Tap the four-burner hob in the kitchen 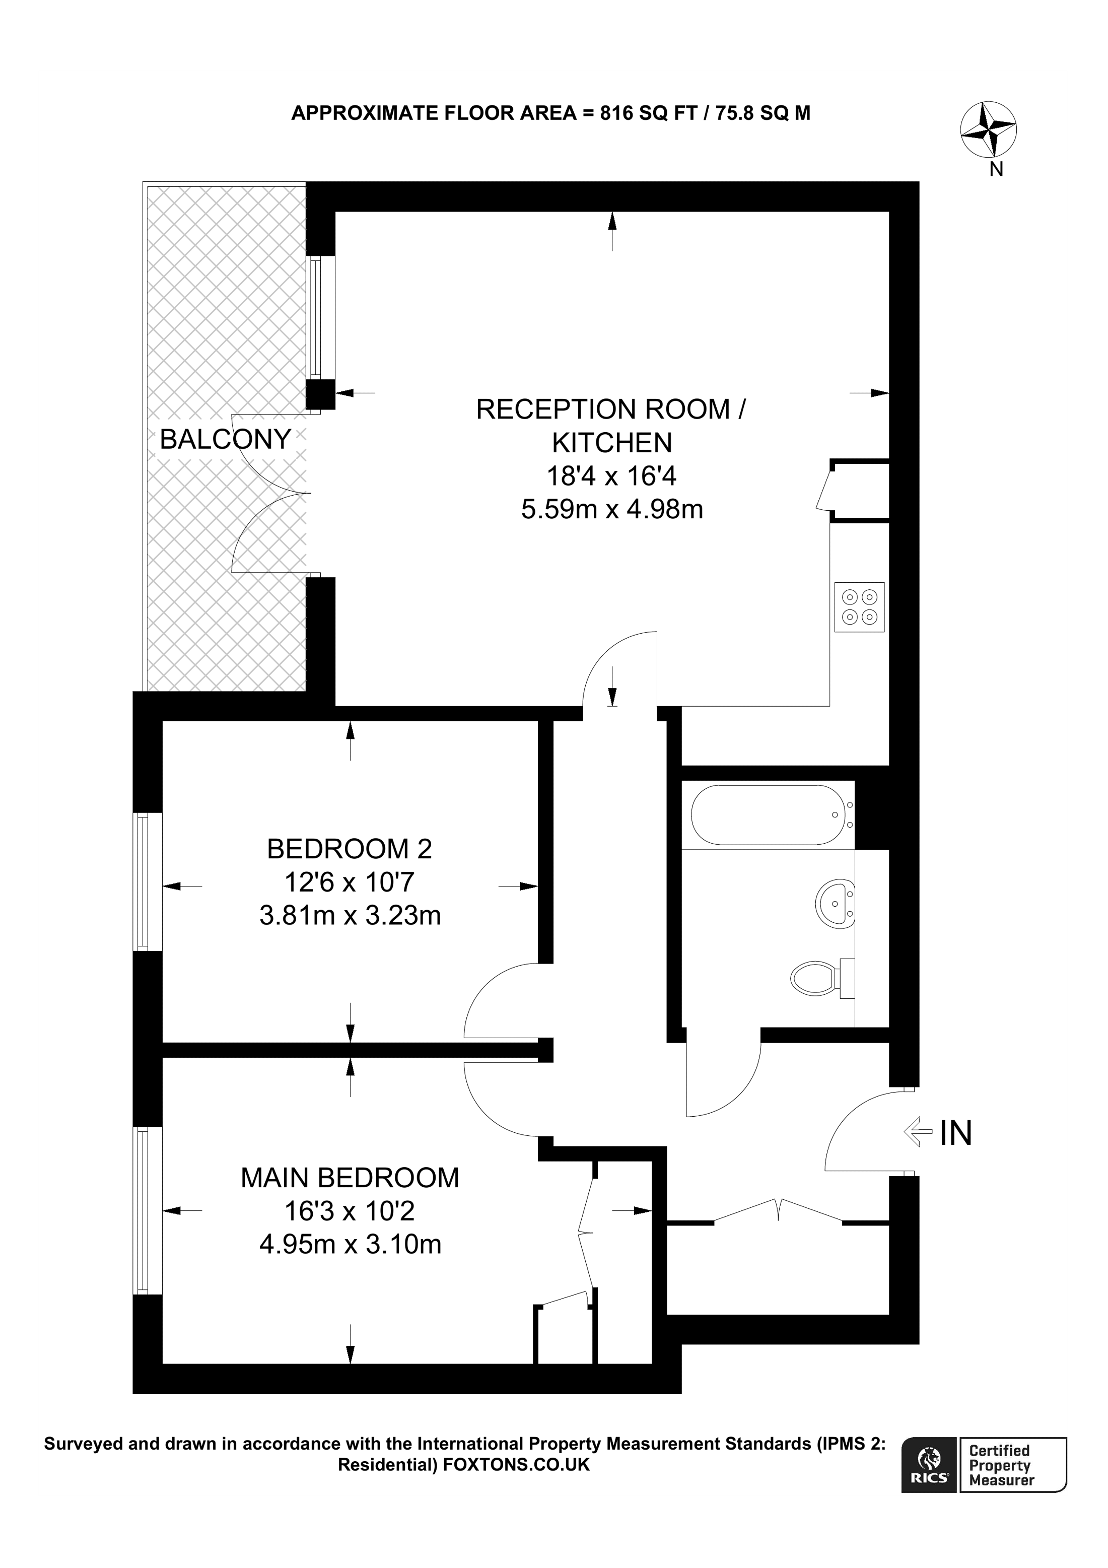click(x=859, y=606)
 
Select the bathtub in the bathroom click(x=769, y=815)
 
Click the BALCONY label click(x=225, y=439)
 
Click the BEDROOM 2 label click(x=350, y=849)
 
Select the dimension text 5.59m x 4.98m click(x=612, y=509)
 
